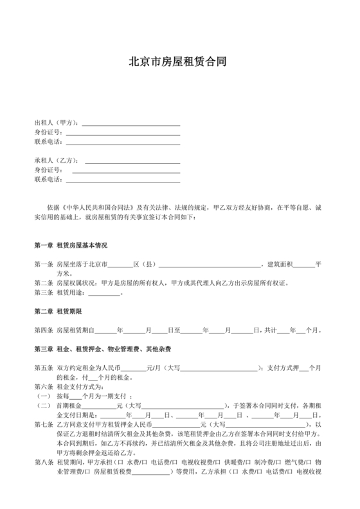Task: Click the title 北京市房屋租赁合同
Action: pos(180,62)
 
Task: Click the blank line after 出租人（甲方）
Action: pos(129,124)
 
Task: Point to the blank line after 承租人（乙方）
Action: pos(129,161)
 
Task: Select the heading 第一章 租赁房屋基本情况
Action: pos(71,246)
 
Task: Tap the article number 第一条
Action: pos(43,264)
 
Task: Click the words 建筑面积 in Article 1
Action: pos(278,264)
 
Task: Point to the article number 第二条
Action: pos(43,283)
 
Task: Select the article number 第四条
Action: pos(43,330)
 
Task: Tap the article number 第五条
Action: pos(43,368)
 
